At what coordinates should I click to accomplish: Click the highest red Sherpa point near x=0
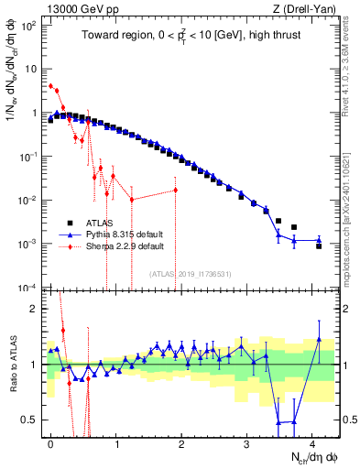tap(50, 86)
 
